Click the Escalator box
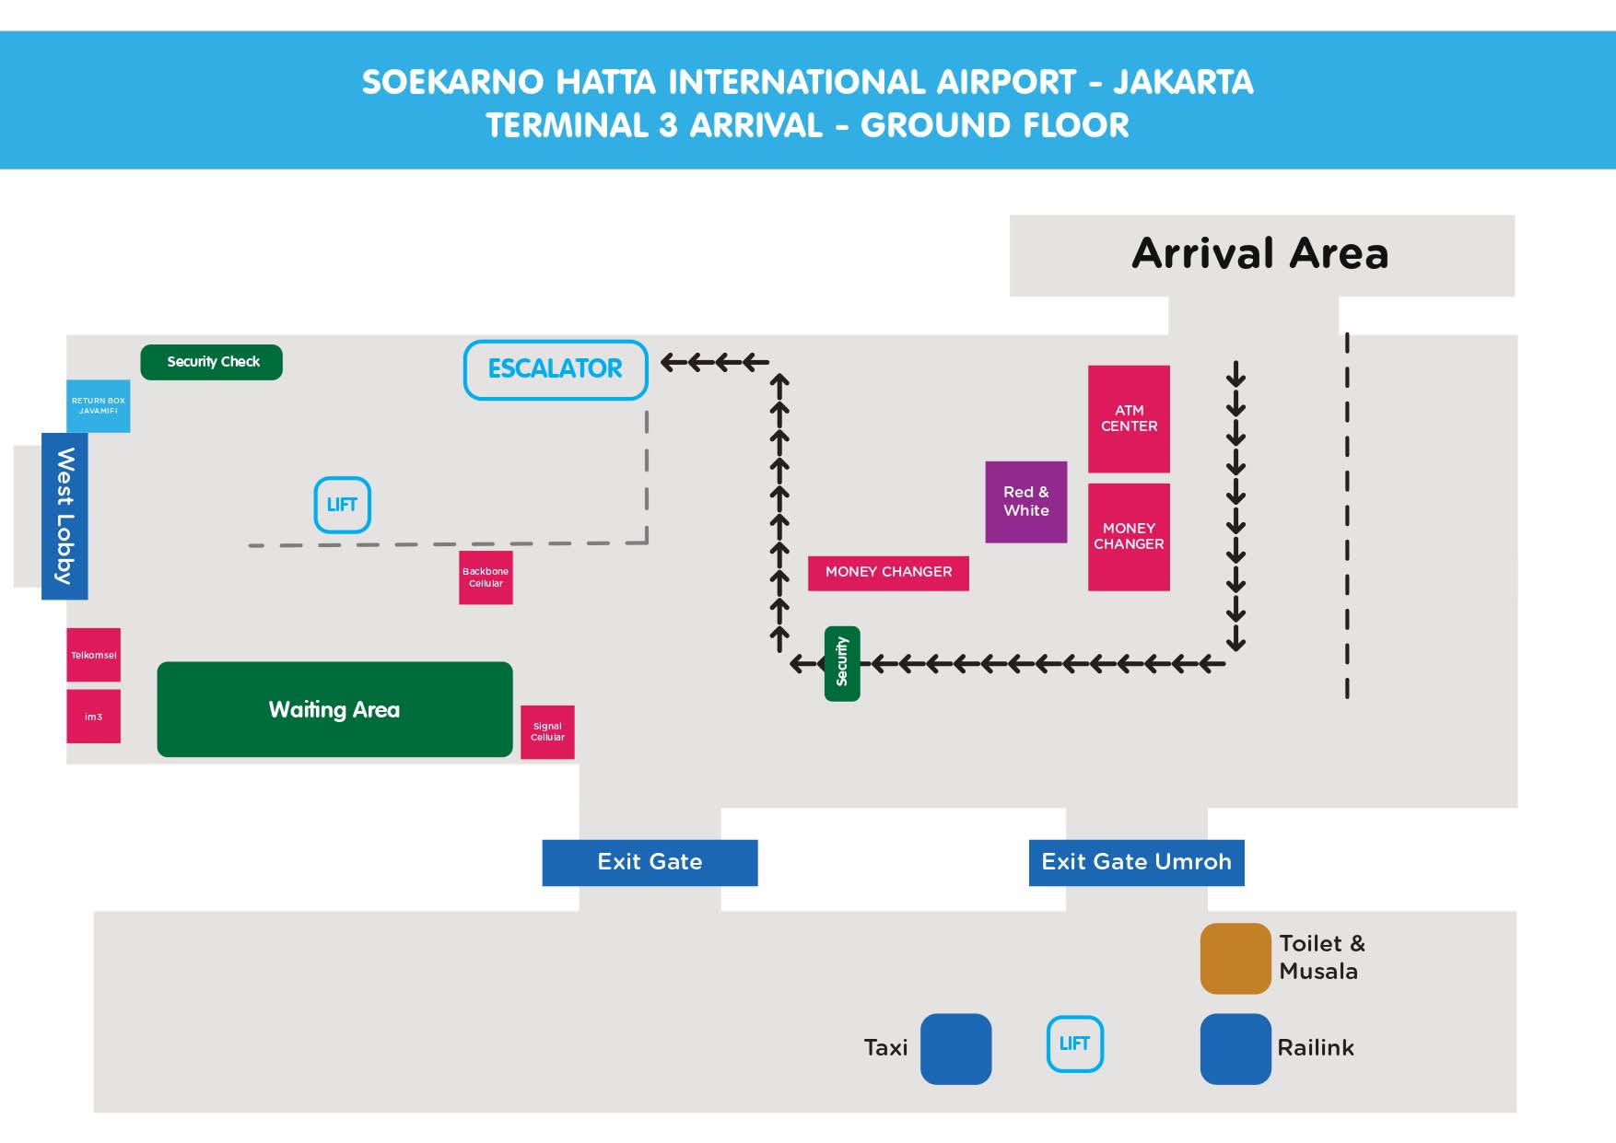[556, 370]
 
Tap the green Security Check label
[211, 362]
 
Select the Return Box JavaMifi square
[98, 406]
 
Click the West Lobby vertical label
[64, 516]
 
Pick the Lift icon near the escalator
[343, 505]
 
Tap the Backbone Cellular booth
[486, 577]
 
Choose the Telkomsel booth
[93, 655]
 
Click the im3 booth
[93, 717]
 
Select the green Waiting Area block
[334, 709]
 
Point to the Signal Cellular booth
[547, 732]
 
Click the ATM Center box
[1129, 419]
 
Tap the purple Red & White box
[1026, 502]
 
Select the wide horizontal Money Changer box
[888, 573]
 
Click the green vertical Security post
[842, 664]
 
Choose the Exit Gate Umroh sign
[1136, 863]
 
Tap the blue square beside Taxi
[956, 1049]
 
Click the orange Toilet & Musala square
[1235, 959]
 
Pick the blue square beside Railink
[1235, 1049]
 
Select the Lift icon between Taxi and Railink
[1075, 1044]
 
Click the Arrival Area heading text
[1259, 253]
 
